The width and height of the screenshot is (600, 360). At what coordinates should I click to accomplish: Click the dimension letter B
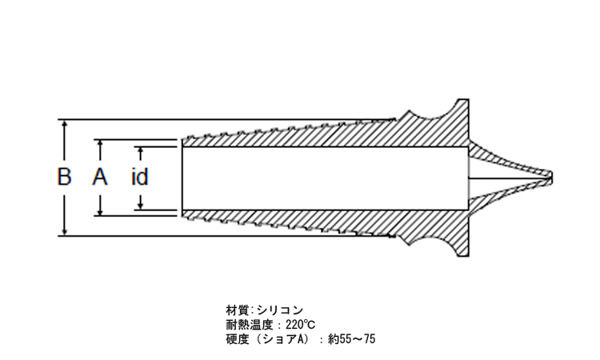point(64,176)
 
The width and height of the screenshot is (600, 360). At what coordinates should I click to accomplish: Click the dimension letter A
point(100,176)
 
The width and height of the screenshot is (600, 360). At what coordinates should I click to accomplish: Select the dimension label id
point(140,177)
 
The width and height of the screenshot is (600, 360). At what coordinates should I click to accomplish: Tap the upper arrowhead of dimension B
point(64,124)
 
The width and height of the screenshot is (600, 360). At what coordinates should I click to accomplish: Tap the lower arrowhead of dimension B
point(64,230)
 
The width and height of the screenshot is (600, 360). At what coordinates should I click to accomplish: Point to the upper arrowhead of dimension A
point(100,144)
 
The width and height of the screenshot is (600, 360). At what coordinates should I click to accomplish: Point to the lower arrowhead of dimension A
point(100,210)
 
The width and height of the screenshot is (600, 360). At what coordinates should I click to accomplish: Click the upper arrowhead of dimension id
point(141,150)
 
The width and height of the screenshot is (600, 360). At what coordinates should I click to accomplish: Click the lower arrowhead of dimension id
point(141,205)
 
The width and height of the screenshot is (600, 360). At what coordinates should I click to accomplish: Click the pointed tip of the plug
point(552,177)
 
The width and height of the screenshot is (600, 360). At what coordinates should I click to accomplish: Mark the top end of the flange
point(463,100)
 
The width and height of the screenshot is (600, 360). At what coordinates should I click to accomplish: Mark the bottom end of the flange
point(463,255)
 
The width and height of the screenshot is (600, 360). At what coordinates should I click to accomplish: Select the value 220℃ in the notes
point(300,325)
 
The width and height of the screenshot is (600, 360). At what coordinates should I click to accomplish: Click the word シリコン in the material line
point(280,310)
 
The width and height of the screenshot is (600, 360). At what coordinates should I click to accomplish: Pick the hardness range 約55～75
point(352,339)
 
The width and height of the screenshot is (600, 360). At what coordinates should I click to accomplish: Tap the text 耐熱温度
point(250,325)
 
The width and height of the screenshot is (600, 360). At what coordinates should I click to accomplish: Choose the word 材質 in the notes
point(238,310)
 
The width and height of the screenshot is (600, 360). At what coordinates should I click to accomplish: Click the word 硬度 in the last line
point(238,339)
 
